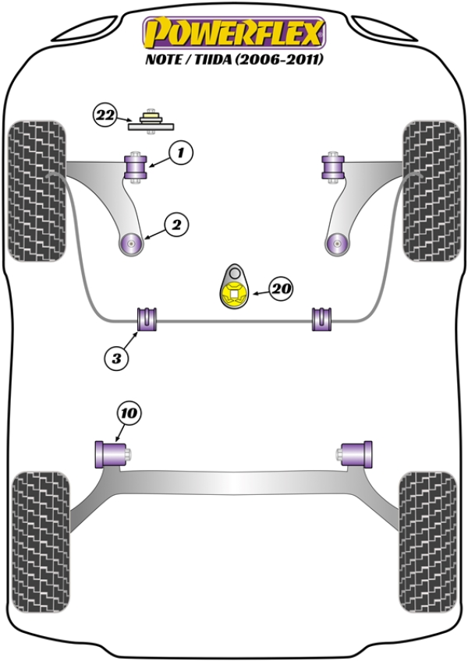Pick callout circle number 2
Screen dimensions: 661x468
point(176,225)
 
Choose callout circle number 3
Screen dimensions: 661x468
point(116,359)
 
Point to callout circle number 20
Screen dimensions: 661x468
point(282,289)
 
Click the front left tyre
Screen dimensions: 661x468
point(36,189)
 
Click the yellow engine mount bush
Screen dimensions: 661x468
point(232,294)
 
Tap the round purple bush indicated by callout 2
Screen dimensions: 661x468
point(132,244)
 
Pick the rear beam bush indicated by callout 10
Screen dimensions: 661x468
point(111,452)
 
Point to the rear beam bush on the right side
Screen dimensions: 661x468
point(357,452)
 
